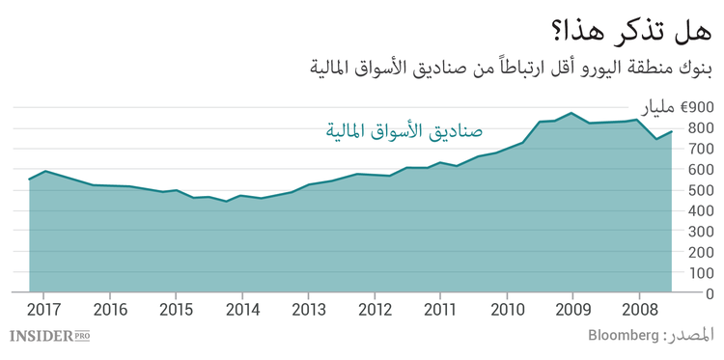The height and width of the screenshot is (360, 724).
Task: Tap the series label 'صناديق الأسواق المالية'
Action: pos(404,129)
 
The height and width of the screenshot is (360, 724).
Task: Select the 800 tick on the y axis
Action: pos(701,127)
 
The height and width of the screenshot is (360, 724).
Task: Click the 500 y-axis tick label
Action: pos(701,190)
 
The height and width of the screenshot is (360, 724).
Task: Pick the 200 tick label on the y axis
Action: pos(701,252)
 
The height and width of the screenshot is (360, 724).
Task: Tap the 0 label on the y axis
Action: pos(709,293)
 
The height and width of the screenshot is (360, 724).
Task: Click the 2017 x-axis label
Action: pos(44,310)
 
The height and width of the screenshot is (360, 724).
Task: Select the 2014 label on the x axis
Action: pos(242,310)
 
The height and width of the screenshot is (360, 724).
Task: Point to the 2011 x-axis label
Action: pos(440,310)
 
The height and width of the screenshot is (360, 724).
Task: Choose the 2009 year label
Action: pos(572,310)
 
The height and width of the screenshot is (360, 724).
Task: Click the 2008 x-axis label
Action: pos(638,310)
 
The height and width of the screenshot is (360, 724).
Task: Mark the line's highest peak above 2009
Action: pos(572,113)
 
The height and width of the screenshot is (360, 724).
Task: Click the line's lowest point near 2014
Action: pos(227,202)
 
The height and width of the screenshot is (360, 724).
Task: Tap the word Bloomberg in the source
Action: pos(622,337)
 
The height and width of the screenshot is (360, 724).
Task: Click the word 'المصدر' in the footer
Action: pos(692,337)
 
